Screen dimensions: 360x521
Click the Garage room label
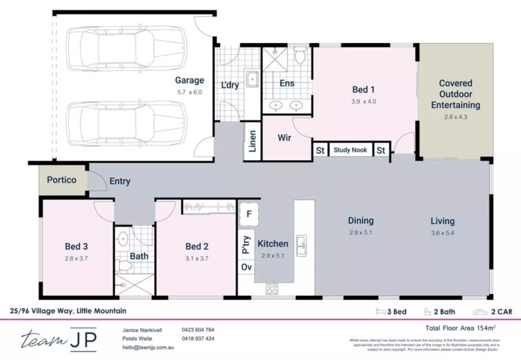189,81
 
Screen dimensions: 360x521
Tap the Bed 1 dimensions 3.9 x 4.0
364,101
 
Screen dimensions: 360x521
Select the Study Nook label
350,150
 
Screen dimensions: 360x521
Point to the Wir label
284,138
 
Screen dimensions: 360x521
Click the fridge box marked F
249,214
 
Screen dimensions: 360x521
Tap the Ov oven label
246,267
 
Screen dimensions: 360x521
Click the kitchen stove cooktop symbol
272,289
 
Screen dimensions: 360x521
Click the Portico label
62,180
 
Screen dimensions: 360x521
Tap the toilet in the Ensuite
300,56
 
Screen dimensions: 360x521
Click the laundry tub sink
251,79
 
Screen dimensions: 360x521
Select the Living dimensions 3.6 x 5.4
442,233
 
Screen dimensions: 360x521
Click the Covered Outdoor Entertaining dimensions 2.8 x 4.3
455,117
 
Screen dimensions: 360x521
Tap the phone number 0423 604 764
198,330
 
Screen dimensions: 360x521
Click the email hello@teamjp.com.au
148,347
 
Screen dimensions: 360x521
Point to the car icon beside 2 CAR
480,312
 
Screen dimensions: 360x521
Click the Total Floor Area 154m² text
460,328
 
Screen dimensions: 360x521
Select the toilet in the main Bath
125,265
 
